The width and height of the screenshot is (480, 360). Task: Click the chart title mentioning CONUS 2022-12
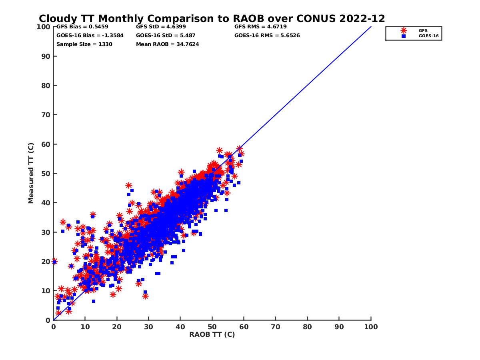[x=212, y=18]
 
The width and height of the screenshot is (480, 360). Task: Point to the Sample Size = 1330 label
[x=84, y=44]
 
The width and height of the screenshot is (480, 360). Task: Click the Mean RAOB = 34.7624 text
[x=168, y=44]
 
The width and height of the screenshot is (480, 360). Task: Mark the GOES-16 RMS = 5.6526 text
[x=267, y=36]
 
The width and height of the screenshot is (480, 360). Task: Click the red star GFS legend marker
[x=404, y=30]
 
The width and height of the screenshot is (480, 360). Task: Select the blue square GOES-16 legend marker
[x=404, y=36]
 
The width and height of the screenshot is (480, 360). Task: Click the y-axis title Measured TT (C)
[x=31, y=174]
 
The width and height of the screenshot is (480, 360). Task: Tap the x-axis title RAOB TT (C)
[x=212, y=335]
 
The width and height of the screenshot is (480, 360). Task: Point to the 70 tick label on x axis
[x=276, y=327]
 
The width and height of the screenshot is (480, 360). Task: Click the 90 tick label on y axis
[x=46, y=56]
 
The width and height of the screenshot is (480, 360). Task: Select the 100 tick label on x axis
[x=371, y=327]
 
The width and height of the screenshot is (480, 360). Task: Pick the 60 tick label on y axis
[x=46, y=144]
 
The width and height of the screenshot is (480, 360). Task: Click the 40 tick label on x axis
[x=180, y=327]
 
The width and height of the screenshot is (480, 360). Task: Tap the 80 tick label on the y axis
[x=46, y=86]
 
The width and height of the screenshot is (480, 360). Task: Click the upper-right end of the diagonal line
[x=371, y=27]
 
